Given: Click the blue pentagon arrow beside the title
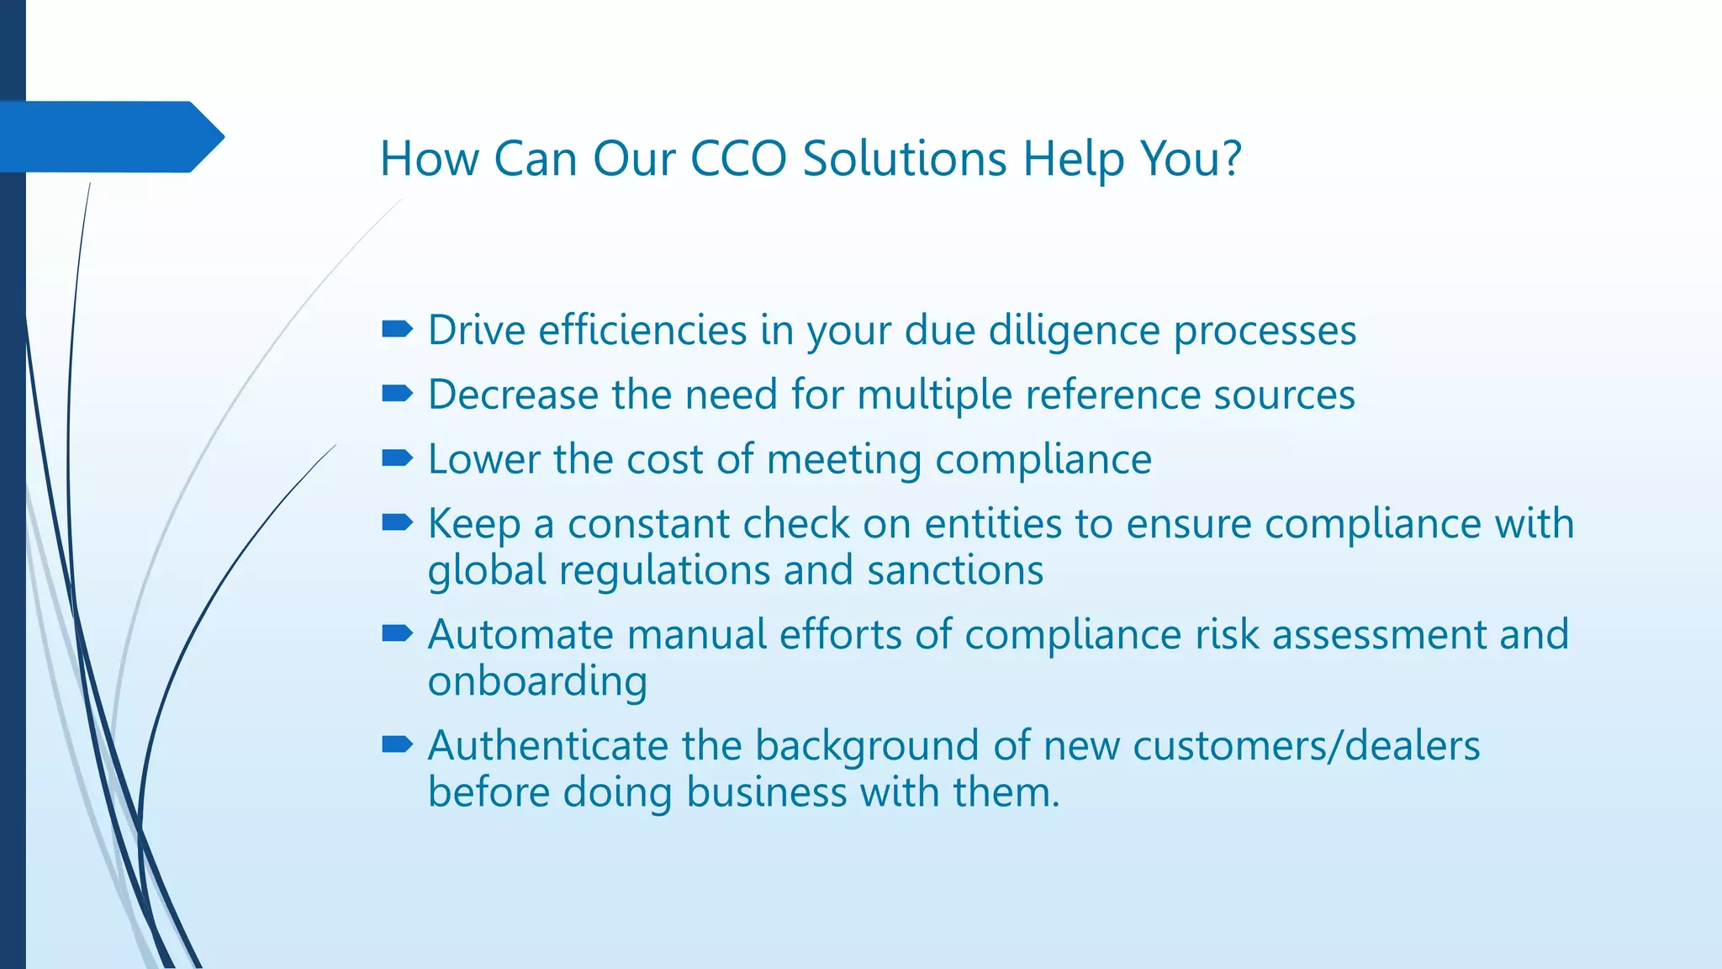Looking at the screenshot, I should tap(109, 137).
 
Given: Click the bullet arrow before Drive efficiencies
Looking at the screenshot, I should tap(397, 329).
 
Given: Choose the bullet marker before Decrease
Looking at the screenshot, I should tap(397, 393).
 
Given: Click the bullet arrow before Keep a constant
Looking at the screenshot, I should tap(397, 523).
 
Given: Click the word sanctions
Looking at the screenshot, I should tap(955, 570).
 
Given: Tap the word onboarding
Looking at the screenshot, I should tap(537, 681).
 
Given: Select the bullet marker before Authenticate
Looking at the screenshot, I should tap(397, 744).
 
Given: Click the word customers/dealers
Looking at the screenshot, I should tap(1306, 746).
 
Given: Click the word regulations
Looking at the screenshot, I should tap(664, 572).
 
